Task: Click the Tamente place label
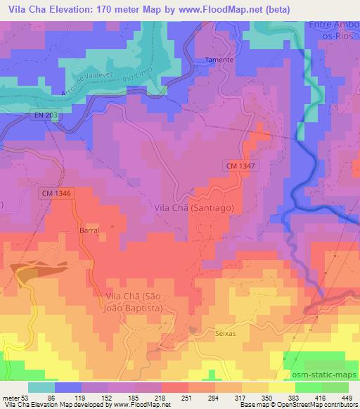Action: click(x=219, y=60)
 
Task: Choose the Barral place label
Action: click(x=89, y=230)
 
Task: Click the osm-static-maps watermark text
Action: click(x=324, y=377)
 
